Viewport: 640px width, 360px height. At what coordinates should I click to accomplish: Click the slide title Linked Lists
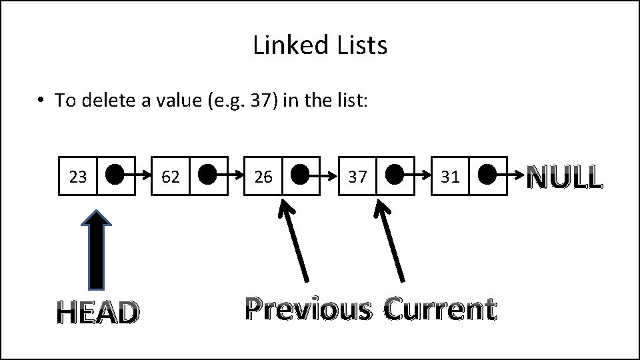point(320,45)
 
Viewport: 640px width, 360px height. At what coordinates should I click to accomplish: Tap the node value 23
point(78,177)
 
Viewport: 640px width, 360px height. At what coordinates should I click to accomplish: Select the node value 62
point(171,177)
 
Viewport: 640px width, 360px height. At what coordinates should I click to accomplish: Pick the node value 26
point(263,177)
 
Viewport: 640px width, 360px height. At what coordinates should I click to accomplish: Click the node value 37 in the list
point(357,177)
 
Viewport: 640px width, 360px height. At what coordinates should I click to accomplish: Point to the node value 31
point(450,177)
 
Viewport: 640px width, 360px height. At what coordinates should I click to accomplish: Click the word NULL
point(565,178)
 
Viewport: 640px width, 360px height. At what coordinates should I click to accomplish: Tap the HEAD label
point(98,312)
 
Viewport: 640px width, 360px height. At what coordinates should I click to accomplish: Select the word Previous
point(307,309)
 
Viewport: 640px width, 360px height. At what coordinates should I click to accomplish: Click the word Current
point(440,309)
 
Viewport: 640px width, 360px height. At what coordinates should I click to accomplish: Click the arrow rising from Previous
point(294,240)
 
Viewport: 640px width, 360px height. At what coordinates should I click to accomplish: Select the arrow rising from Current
point(390,240)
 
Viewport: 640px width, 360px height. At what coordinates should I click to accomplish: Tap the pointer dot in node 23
point(115,175)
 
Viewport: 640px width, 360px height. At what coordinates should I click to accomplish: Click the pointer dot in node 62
point(207,175)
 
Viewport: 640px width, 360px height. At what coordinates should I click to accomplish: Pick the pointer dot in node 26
point(300,175)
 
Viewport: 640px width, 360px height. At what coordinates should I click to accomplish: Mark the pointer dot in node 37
point(394,175)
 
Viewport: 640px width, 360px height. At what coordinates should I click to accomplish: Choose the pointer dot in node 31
point(487,175)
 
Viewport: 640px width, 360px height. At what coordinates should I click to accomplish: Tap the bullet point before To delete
point(41,101)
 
